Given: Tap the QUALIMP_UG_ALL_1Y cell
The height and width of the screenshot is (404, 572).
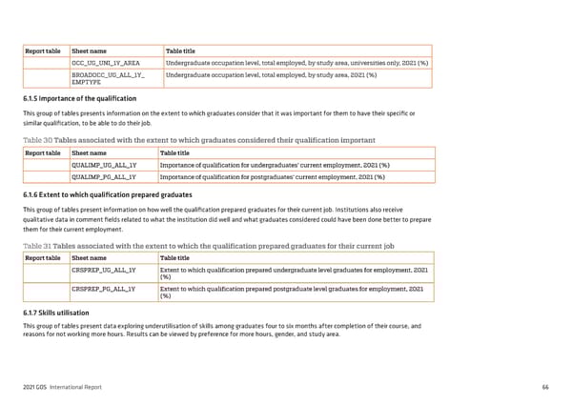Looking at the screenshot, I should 104,165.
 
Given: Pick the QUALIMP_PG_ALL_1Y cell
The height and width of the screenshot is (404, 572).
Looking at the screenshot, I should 104,176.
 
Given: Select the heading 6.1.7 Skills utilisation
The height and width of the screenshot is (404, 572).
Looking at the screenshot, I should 56,313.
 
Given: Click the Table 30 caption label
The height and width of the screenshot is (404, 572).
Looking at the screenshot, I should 37,140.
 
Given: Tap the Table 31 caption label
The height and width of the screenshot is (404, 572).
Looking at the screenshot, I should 37,245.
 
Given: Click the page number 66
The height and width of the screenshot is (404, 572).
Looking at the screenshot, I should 544,386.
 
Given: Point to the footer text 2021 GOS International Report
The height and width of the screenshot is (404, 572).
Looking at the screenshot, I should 65,386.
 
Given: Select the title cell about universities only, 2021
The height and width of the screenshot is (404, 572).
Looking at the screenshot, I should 296,63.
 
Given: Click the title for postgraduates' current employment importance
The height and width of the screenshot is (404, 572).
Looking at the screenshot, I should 272,176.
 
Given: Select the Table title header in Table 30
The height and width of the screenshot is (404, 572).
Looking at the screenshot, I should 179,152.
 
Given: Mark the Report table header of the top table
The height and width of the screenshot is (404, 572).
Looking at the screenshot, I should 42,50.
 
